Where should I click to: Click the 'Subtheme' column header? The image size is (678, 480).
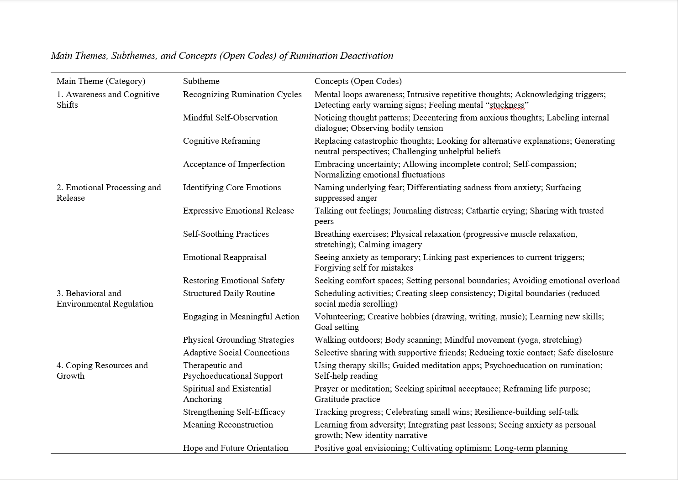point(201,81)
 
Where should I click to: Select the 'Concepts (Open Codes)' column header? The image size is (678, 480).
point(358,81)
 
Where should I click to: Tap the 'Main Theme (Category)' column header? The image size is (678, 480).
point(101,81)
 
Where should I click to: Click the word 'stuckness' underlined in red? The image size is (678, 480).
point(507,105)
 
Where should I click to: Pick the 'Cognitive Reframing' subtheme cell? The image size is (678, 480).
point(221,141)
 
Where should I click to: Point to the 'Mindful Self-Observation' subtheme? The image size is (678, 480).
point(230,118)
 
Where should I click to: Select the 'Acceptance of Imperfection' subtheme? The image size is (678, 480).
point(234,164)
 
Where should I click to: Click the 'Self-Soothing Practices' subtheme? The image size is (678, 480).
point(226,234)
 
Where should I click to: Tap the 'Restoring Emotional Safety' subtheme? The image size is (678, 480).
point(234,281)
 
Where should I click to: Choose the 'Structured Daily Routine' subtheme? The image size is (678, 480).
point(229,293)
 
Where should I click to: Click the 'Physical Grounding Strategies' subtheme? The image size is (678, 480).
point(238,340)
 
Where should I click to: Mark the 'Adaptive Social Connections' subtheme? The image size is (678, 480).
point(236,353)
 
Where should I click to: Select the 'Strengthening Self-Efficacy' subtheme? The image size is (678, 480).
point(234,412)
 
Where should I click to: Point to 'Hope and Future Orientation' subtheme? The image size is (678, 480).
point(236,448)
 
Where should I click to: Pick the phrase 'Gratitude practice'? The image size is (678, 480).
point(347,399)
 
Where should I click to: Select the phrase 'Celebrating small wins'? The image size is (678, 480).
point(428,412)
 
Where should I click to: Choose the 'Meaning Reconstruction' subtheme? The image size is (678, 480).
point(228,425)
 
